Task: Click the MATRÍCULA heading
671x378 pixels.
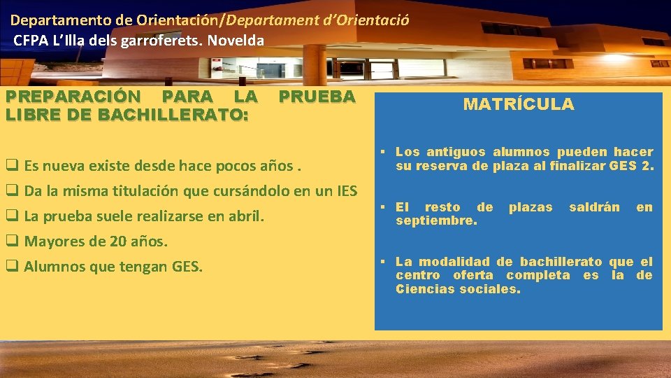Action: click(x=518, y=105)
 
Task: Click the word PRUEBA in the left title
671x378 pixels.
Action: click(x=317, y=97)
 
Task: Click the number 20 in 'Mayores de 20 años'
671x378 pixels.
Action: click(x=117, y=242)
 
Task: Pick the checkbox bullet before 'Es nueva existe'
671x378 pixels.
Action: click(x=12, y=167)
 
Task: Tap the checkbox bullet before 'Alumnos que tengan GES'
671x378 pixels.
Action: click(x=12, y=266)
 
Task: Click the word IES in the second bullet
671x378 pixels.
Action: click(x=345, y=190)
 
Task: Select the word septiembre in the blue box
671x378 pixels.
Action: click(x=436, y=220)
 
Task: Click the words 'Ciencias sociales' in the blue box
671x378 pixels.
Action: click(x=458, y=289)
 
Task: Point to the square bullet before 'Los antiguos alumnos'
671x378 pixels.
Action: click(x=384, y=152)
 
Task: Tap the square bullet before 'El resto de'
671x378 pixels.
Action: click(x=384, y=207)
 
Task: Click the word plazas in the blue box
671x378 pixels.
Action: click(x=531, y=207)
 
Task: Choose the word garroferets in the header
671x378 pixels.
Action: click(x=159, y=41)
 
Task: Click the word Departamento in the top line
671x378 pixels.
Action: click(x=50, y=20)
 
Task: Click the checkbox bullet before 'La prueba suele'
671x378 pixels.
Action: click(x=12, y=216)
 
